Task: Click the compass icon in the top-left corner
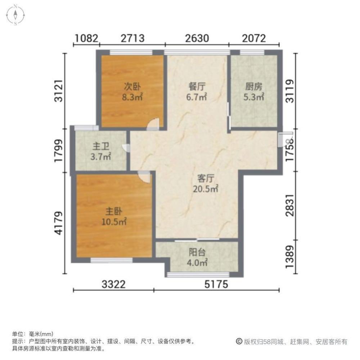15,15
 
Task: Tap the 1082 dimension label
86,38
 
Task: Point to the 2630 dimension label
197,38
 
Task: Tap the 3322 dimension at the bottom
113,285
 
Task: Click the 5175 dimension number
216,285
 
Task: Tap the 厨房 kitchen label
254,87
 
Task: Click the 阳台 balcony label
197,252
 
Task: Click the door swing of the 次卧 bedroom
153,124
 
